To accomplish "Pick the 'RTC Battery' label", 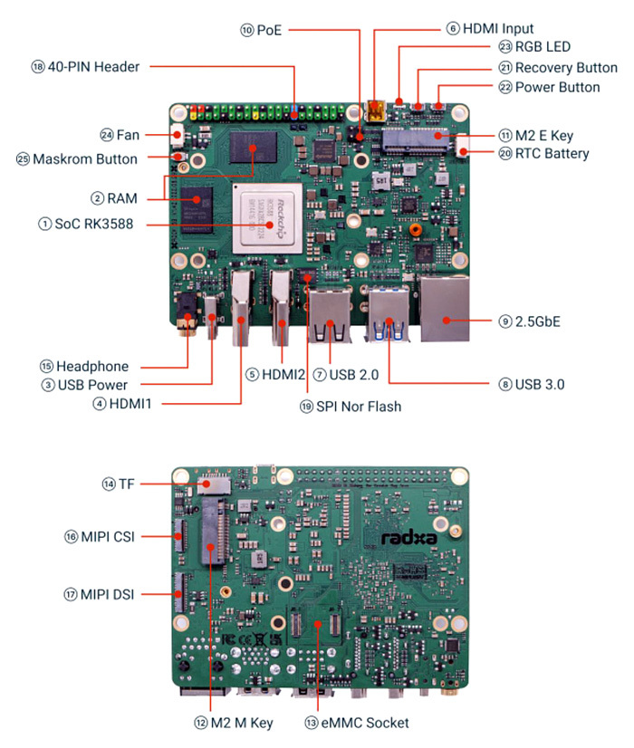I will (x=552, y=153).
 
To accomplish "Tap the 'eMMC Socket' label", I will (x=369, y=723).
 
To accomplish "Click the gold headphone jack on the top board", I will (x=187, y=328).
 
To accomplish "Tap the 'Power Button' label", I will (x=557, y=87).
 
